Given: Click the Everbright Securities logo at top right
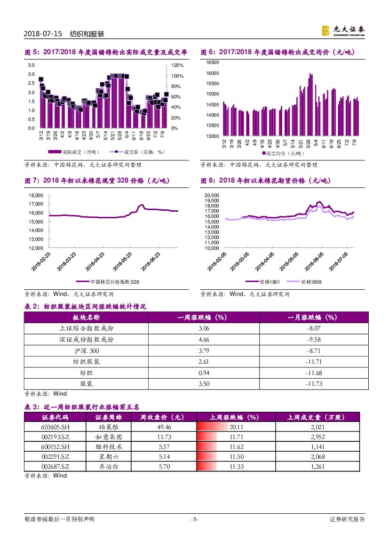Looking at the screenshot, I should coord(343,31).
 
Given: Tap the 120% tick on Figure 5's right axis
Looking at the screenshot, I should coord(177,65).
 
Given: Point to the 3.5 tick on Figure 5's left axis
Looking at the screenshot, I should coord(31,65).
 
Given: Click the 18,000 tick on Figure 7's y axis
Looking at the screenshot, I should coord(36,195).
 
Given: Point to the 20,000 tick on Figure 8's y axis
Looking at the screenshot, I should coord(212,195).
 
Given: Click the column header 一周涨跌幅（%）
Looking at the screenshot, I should coord(204,318).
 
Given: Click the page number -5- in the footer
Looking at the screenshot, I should coord(194,519).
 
